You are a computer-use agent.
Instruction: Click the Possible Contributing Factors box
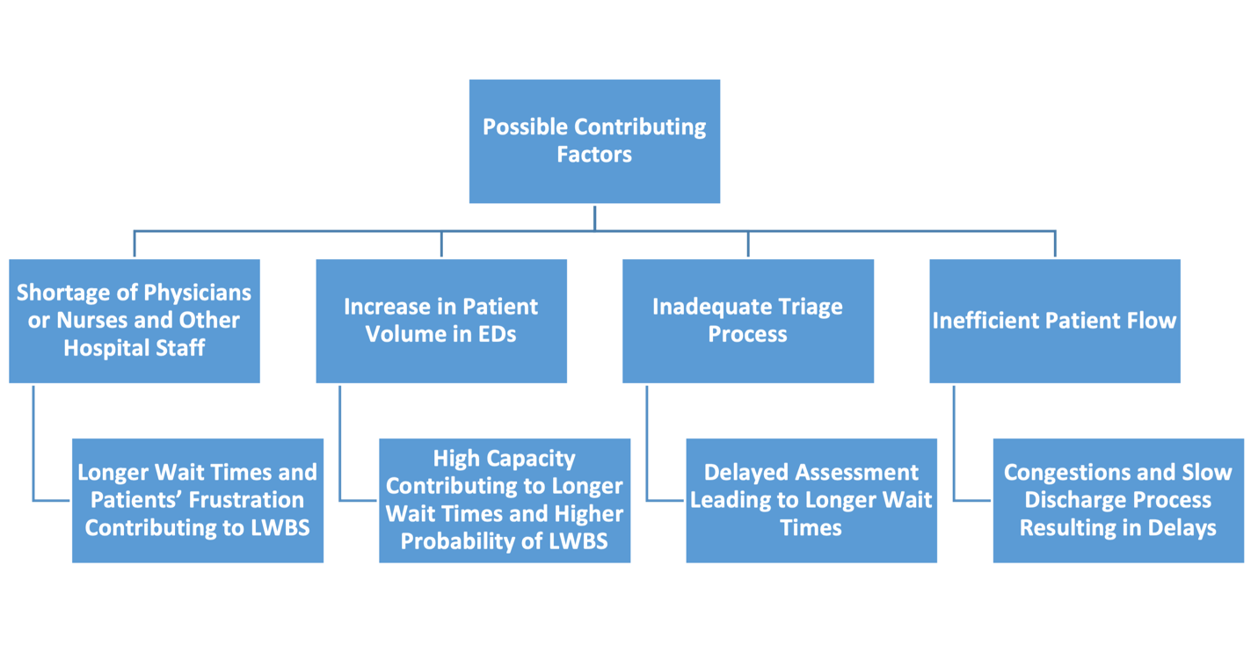point(594,141)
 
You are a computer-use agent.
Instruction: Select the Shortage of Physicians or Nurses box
point(134,321)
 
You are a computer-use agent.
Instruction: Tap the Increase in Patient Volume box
point(440,321)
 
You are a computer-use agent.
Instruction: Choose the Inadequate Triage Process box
point(747,321)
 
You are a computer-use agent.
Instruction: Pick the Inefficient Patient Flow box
point(1054,321)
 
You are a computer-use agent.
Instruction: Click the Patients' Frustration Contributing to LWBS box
point(198,500)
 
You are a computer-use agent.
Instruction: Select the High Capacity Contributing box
point(505,500)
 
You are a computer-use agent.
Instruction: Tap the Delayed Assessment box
point(811,500)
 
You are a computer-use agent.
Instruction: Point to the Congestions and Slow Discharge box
point(1118,500)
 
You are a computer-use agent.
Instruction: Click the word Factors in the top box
point(593,156)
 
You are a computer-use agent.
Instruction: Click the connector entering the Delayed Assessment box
point(665,500)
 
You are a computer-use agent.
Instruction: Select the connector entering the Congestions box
point(971,500)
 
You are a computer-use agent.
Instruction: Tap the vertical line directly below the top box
point(594,219)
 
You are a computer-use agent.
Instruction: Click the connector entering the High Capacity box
point(358,500)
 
